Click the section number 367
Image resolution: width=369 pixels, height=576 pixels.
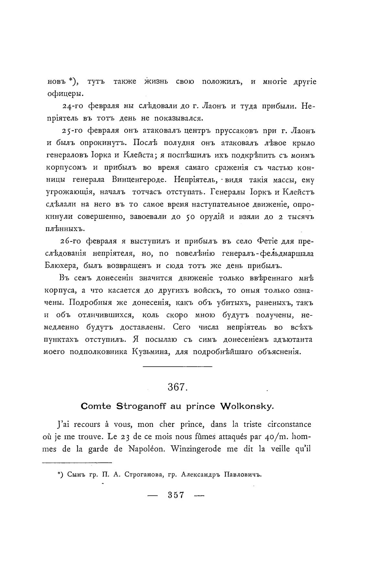(176, 387)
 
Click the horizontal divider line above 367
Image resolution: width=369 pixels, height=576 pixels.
(177, 367)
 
